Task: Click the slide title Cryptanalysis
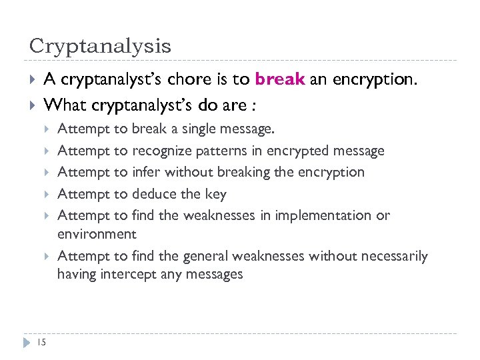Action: point(100,46)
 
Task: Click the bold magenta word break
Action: point(279,80)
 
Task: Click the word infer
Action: point(147,172)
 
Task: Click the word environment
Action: point(97,234)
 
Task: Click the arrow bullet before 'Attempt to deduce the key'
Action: point(47,194)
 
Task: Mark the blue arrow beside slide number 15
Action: point(27,343)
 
